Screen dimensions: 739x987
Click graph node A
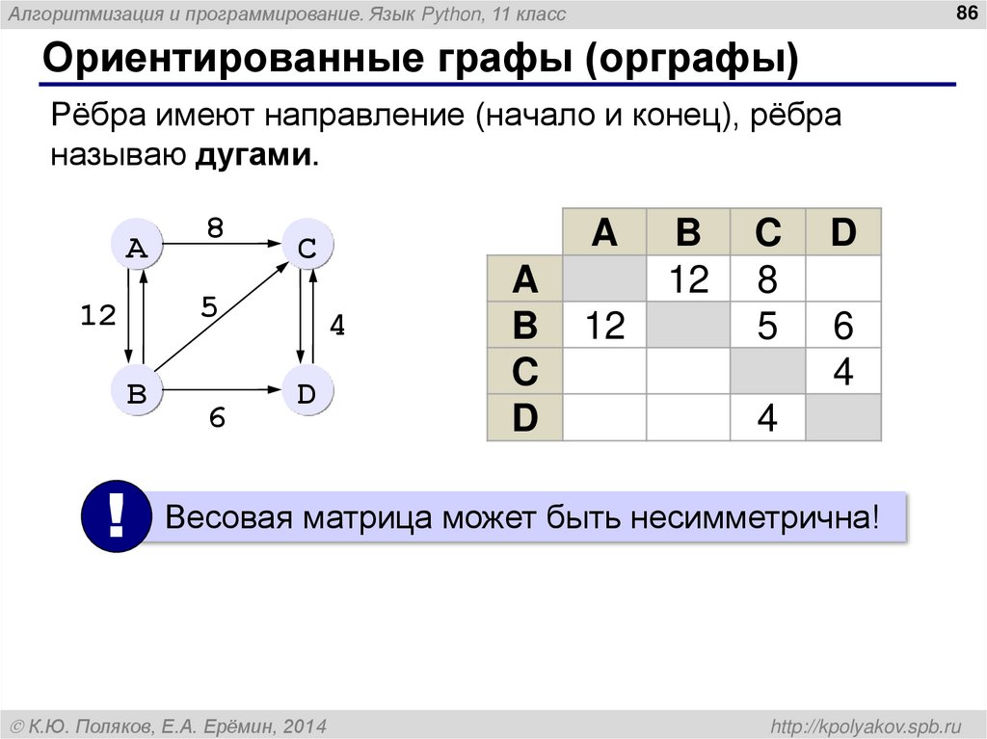pos(137,248)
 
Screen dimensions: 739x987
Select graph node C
pos(307,248)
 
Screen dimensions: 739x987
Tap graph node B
pos(137,392)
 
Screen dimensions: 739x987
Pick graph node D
pos(307,392)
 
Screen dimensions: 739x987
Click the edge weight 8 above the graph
pos(215,228)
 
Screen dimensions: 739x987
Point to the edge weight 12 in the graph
pos(97,316)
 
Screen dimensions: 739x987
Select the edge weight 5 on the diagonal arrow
pos(210,307)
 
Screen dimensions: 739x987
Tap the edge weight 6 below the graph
pos(217,418)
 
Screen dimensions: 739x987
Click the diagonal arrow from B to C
pos(222,320)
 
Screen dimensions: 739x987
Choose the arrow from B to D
pos(222,390)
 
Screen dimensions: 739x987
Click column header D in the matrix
pos(842,232)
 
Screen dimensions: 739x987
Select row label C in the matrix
pos(524,372)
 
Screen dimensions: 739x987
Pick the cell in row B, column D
pos(842,326)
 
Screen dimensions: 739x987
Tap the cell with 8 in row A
pos(767,279)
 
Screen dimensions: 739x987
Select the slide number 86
pos(964,13)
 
